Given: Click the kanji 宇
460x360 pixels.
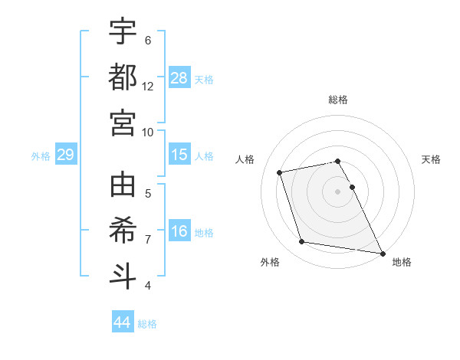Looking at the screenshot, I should click(123, 32).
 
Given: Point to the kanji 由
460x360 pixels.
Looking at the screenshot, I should click(123, 185).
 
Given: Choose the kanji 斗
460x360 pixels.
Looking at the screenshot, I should click(123, 275).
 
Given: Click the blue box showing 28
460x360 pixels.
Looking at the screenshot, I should click(179, 78).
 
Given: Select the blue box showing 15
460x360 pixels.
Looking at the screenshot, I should click(179, 155).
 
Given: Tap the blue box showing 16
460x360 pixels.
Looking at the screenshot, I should click(179, 232).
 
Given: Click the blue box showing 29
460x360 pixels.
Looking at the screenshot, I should click(65, 155).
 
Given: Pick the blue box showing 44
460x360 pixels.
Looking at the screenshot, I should click(123, 322).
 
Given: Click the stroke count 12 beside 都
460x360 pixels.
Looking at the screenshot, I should click(148, 86).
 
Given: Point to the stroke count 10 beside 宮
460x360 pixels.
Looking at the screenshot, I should click(148, 131).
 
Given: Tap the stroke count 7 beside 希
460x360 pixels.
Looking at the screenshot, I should click(148, 239).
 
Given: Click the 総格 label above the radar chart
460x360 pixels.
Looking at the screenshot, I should click(338, 100).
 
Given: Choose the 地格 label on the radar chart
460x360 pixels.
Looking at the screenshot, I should click(402, 262).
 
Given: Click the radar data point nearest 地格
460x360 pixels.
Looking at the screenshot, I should click(382, 252).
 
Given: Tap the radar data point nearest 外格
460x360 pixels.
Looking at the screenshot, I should click(302, 242).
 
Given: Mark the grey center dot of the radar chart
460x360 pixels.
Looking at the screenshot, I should click(338, 191).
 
